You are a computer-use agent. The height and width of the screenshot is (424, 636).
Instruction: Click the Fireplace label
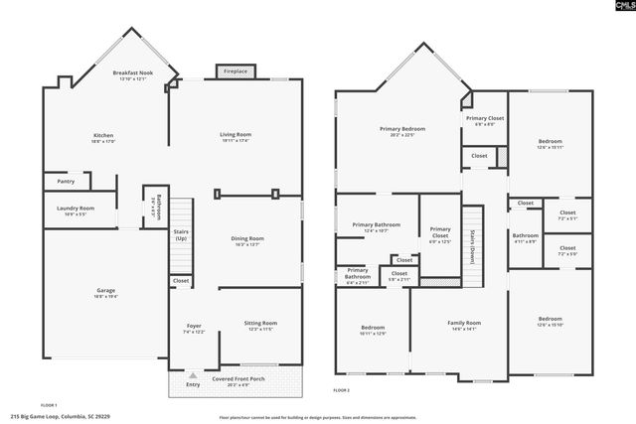236,71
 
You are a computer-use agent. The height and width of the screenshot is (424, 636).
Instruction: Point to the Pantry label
66,182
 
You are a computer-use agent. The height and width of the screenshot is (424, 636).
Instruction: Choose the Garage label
104,291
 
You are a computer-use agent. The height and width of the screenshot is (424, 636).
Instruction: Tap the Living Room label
236,135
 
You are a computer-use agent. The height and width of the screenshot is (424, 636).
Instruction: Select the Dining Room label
247,239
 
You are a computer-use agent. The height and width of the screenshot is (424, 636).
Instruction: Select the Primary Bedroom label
402,130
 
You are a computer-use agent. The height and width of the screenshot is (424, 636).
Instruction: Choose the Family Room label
464,323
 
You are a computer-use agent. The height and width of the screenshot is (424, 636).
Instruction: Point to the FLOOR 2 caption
343,406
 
